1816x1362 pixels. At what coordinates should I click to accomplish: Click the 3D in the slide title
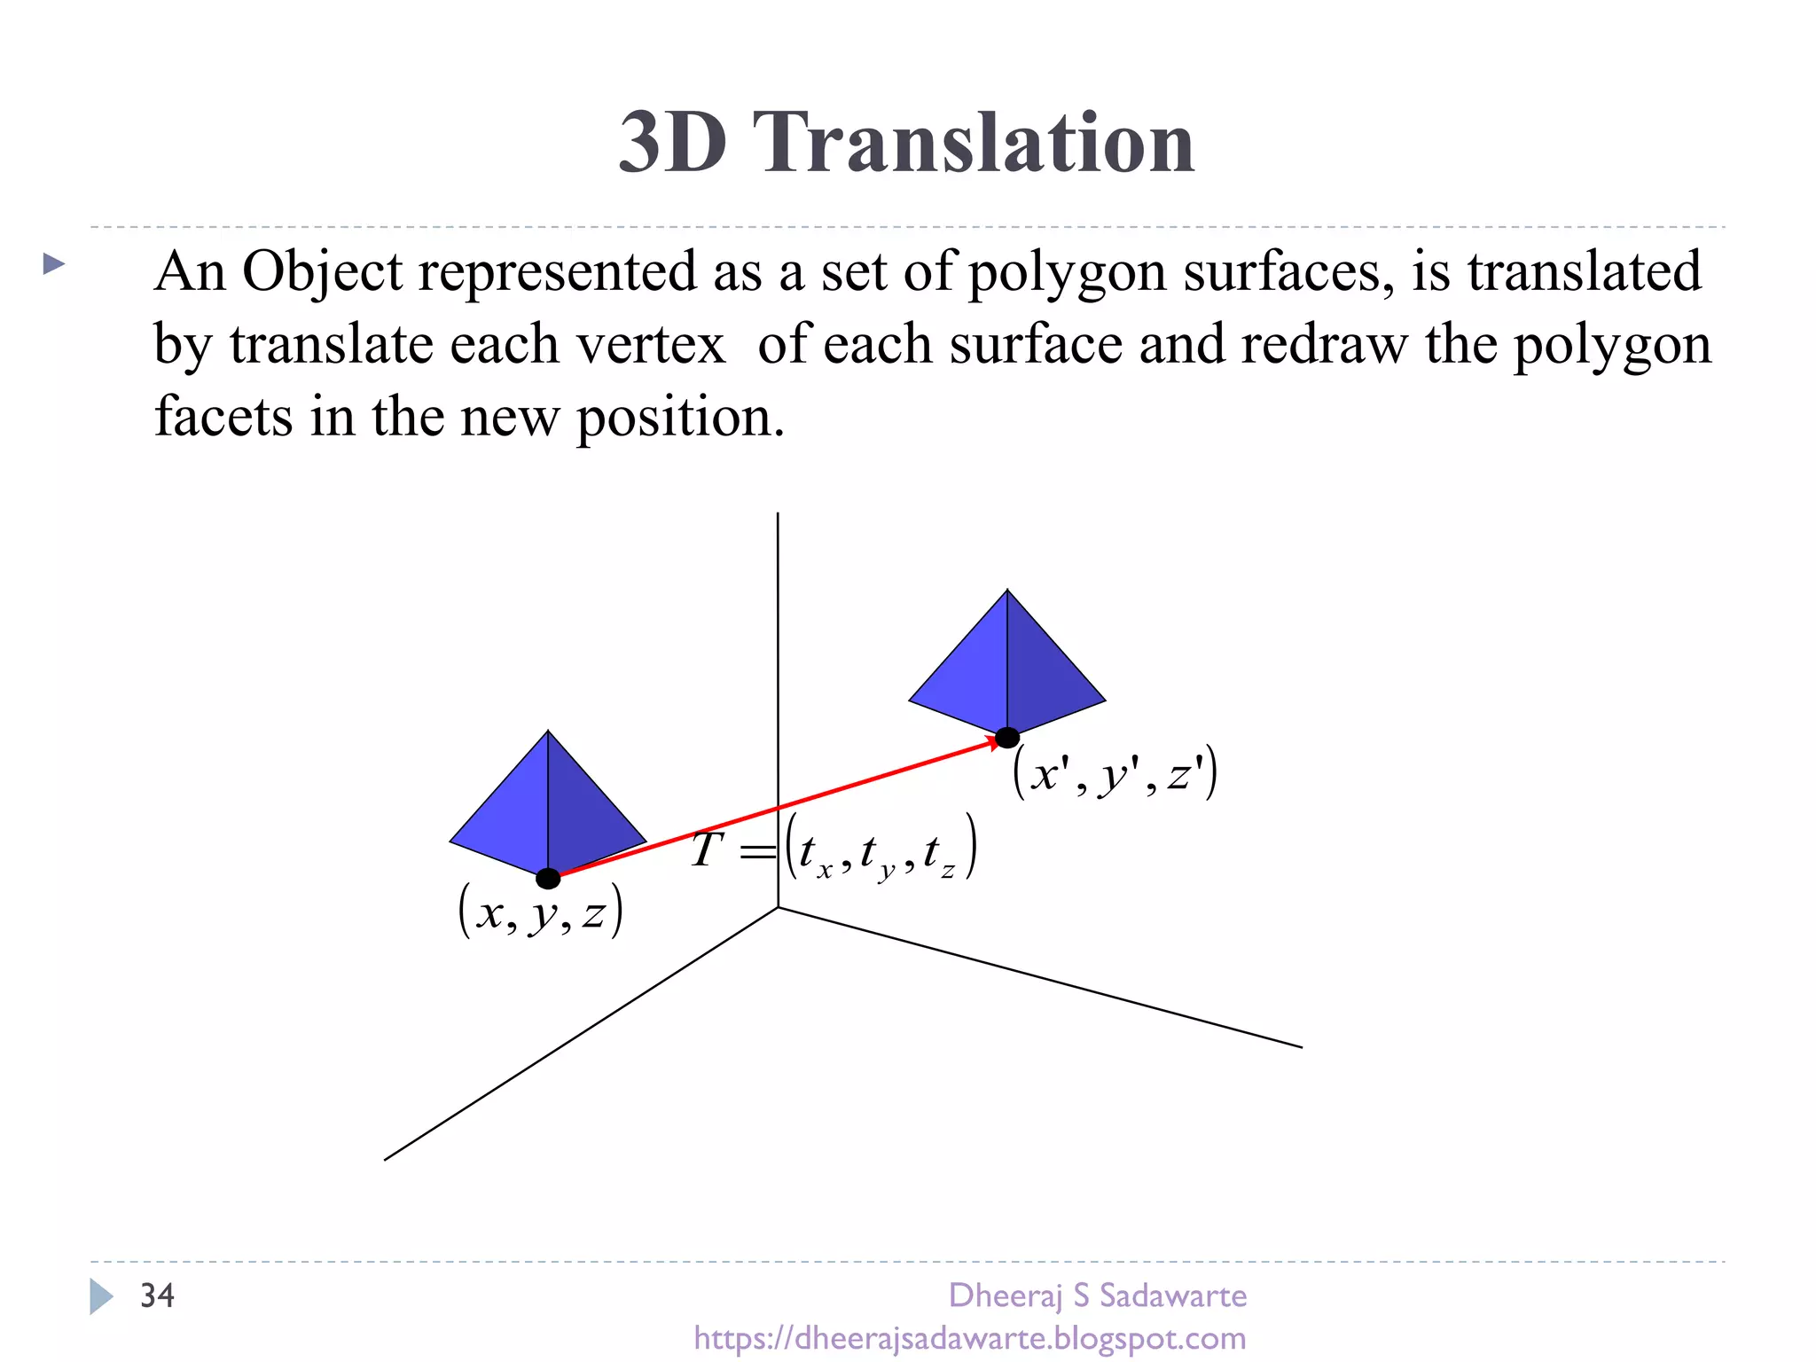click(x=672, y=144)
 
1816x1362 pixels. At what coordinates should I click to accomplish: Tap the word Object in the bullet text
click(x=322, y=273)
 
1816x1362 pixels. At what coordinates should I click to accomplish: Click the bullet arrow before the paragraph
click(x=54, y=263)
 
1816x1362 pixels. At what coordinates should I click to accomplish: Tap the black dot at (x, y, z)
click(x=548, y=879)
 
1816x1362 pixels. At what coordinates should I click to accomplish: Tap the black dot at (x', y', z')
click(x=1007, y=738)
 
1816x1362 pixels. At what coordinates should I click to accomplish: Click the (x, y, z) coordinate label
click(x=541, y=912)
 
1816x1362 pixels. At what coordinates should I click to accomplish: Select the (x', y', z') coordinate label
click(x=1115, y=774)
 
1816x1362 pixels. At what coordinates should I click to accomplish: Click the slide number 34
click(x=157, y=1295)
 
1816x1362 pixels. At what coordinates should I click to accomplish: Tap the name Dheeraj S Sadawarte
click(x=1097, y=1295)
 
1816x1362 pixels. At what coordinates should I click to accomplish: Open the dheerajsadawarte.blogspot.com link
click(x=969, y=1338)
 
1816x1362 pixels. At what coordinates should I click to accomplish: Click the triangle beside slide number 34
click(x=101, y=1296)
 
